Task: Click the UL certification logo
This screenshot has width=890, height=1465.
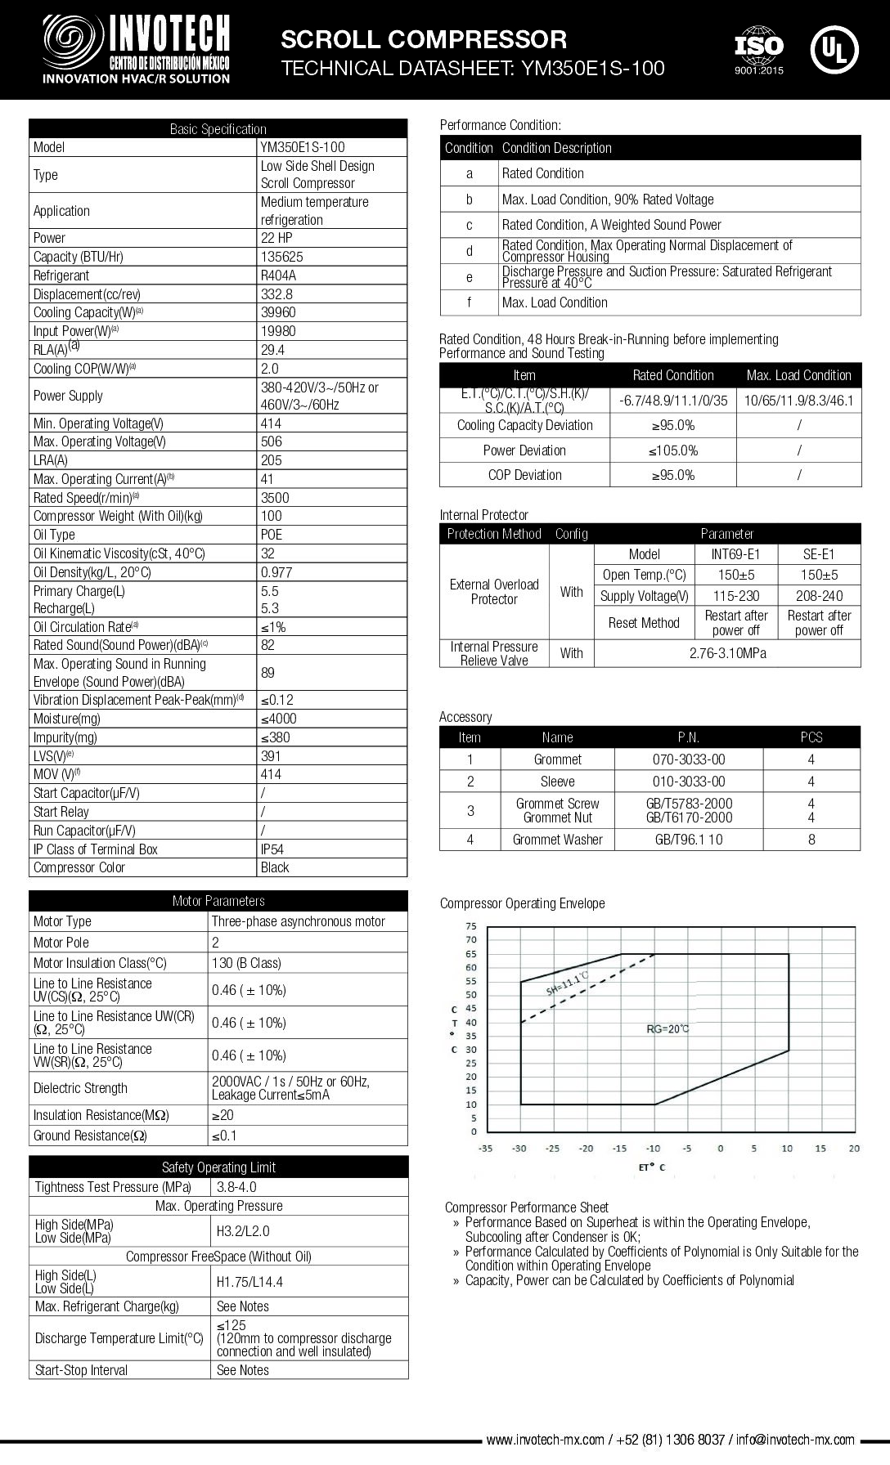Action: coord(834,50)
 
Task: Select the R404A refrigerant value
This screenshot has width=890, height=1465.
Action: coord(278,276)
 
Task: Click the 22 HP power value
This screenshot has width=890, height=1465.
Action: coord(276,238)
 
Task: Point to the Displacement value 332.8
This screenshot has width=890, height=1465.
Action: coord(276,294)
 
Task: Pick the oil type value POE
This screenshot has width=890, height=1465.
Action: coord(272,535)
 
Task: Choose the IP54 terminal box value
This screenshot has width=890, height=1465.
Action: coord(272,849)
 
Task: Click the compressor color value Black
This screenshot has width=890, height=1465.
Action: coord(275,867)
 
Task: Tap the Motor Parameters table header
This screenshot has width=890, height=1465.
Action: coord(218,901)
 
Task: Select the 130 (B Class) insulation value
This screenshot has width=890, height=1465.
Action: coord(246,963)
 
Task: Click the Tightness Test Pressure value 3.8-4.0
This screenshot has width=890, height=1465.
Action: coord(236,1187)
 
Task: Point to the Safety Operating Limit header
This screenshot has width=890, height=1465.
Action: coord(218,1167)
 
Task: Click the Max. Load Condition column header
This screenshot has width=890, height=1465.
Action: coord(798,375)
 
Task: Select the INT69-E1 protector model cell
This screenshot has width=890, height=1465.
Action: coord(735,554)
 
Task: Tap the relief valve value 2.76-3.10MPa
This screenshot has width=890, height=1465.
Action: coord(727,653)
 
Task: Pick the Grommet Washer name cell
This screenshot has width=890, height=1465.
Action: coord(557,840)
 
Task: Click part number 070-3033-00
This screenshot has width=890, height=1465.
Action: coord(689,759)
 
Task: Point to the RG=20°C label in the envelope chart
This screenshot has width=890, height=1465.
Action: coord(667,1028)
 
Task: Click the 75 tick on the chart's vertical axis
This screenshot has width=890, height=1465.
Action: coord(470,926)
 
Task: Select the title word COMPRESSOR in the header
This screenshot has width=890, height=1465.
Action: coord(482,39)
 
